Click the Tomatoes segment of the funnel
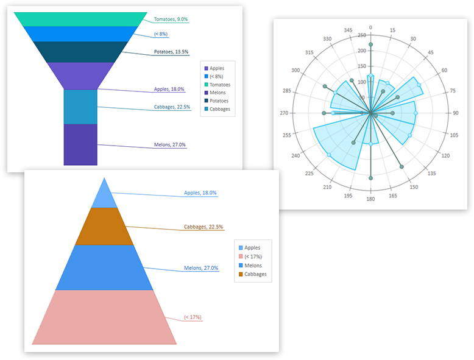[x=80, y=19]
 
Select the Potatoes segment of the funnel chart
[x=80, y=52]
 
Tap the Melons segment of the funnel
[x=80, y=144]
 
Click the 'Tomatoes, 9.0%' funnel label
[x=171, y=19]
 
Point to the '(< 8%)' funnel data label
[x=161, y=34]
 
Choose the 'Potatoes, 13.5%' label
[x=171, y=52]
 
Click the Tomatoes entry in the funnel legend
[x=218, y=85]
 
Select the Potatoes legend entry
[x=216, y=101]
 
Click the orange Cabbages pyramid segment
[x=104, y=227]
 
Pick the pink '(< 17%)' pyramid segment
[x=104, y=317]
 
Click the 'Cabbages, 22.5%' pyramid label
[x=203, y=227]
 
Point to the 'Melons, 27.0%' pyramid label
[x=201, y=268]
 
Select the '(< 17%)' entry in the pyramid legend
[x=250, y=256]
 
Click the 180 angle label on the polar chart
[x=370, y=199]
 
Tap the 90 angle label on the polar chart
[x=456, y=113]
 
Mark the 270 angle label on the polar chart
[x=284, y=113]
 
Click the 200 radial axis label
[x=362, y=51]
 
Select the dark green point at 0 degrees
[x=370, y=44]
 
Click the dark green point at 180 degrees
[x=370, y=178]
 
